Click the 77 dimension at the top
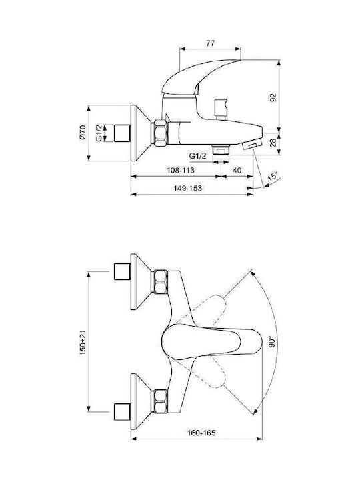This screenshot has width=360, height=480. click(210, 43)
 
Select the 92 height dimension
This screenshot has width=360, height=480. click(273, 97)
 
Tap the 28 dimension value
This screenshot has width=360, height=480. click(273, 143)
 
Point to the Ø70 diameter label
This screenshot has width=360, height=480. click(83, 133)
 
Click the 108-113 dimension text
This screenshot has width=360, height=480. click(180, 170)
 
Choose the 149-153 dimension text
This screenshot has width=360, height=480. click(187, 188)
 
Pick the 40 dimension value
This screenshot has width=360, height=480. click(237, 170)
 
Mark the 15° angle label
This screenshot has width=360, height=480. click(272, 177)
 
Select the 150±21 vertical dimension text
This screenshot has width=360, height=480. click(83, 343)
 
